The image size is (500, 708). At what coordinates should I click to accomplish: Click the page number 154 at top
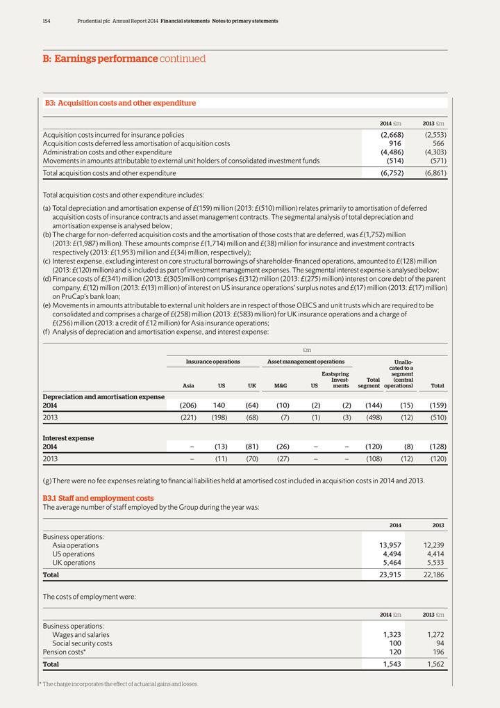pos(47,21)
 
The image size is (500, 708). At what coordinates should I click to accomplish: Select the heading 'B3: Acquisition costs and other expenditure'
pos(120,103)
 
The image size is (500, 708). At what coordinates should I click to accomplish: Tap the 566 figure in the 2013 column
pos(437,143)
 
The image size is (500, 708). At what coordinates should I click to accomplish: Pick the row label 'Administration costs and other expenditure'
pos(108,152)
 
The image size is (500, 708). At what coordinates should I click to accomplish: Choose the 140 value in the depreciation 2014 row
pos(220,405)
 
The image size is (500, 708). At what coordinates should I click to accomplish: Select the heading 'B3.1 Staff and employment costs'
pos(99,498)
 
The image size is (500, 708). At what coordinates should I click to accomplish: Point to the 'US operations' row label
pos(74,554)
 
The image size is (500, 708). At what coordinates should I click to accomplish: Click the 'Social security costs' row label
pos(82,643)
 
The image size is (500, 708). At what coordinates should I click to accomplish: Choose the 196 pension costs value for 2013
pos(437,652)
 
